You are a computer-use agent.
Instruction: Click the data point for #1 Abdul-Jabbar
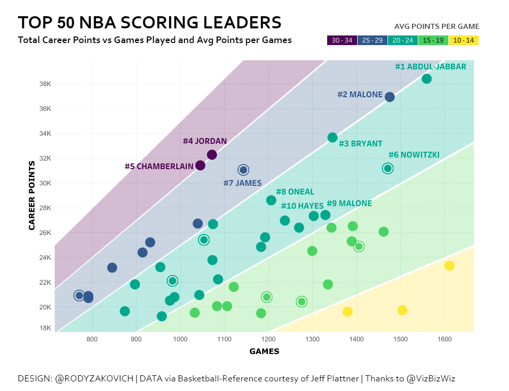(x=426, y=79)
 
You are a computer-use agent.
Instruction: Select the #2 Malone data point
(x=389, y=97)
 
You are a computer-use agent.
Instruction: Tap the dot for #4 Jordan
(x=212, y=154)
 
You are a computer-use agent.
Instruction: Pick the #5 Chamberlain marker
(x=200, y=165)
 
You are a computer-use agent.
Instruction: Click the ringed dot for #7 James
(x=243, y=170)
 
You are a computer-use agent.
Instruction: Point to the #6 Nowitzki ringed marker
(x=387, y=168)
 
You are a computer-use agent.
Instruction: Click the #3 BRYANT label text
(x=360, y=143)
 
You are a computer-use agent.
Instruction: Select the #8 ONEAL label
(x=295, y=192)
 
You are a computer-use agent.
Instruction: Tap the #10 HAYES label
(x=302, y=206)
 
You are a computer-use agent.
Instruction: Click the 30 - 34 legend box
(x=342, y=41)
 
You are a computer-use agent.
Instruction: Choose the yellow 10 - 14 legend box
(x=463, y=41)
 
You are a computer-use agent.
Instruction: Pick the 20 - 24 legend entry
(x=403, y=41)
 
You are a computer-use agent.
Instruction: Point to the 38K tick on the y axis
(x=45, y=84)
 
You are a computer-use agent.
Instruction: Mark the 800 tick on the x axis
(x=92, y=338)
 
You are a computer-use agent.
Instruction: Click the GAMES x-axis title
(x=264, y=351)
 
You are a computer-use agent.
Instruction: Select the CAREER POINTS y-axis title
(x=32, y=195)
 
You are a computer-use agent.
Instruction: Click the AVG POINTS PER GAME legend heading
(x=437, y=26)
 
